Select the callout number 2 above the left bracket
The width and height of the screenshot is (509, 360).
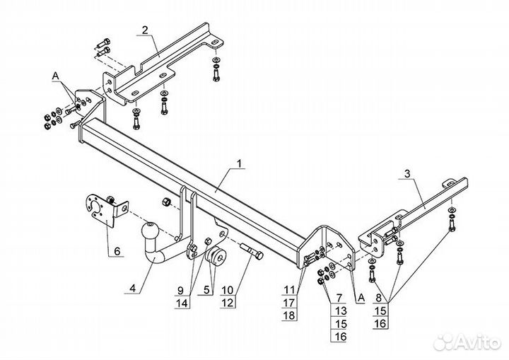pyautogui.click(x=144, y=30)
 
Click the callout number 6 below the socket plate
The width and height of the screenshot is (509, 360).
pyautogui.click(x=117, y=250)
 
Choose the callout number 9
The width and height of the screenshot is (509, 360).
pyautogui.click(x=180, y=290)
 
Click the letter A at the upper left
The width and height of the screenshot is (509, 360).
pyautogui.click(x=54, y=75)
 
